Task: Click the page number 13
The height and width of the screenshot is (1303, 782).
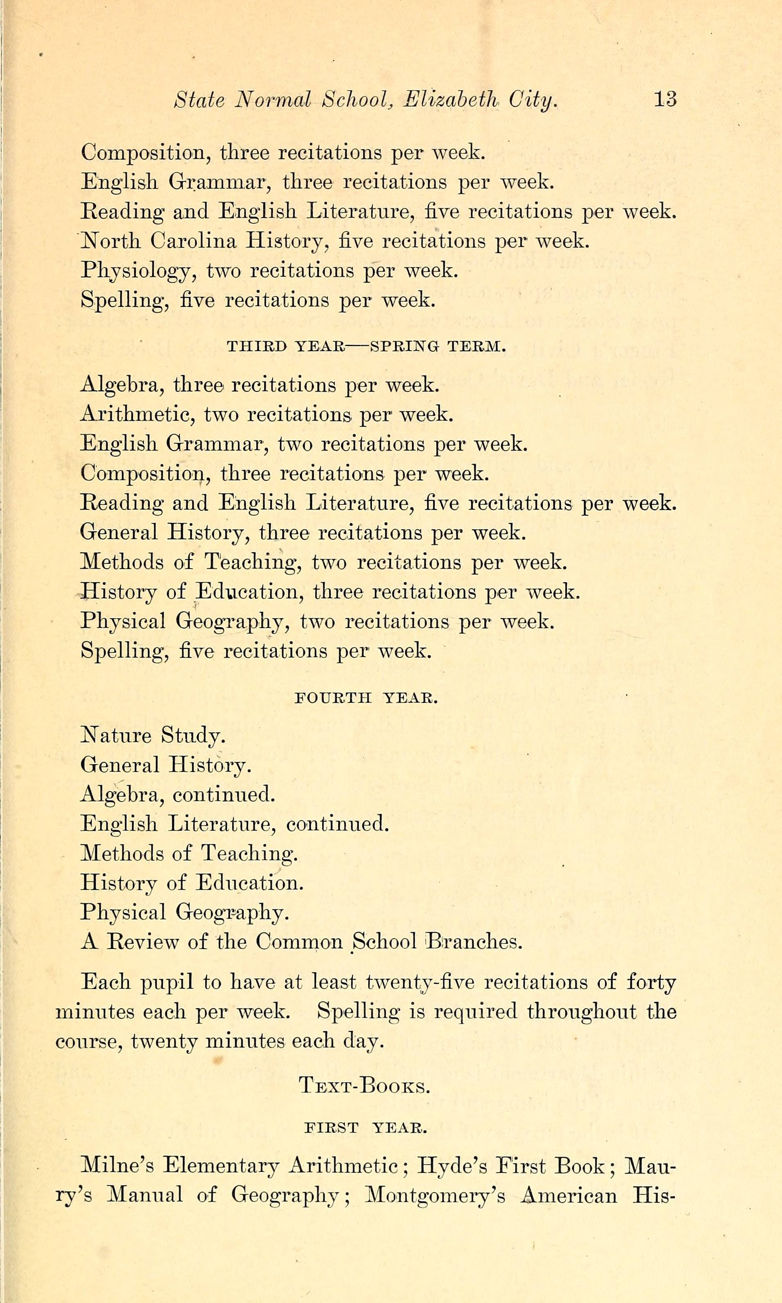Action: coord(665,99)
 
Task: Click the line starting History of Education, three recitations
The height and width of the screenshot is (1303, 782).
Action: coord(330,592)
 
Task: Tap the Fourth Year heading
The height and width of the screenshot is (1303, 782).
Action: coord(366,698)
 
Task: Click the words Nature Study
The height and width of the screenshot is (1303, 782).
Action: coord(153,735)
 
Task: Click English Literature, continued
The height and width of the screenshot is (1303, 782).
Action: coord(234,824)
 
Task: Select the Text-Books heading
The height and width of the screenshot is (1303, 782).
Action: coord(364,1085)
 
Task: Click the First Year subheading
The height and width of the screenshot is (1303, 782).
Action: coord(366,1128)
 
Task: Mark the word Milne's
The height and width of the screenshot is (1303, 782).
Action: coord(117,1166)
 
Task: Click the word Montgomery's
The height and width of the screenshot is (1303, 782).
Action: coord(435,1195)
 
